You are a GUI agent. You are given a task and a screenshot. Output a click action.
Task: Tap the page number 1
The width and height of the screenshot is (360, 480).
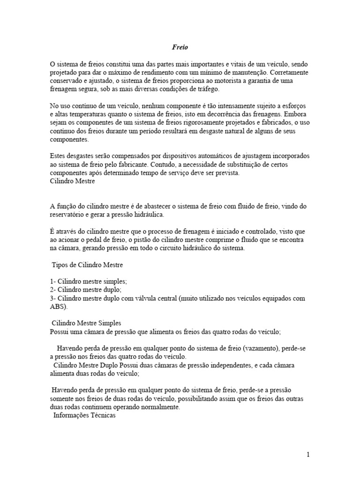tap(308, 454)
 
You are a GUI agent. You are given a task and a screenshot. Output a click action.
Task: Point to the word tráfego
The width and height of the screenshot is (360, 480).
tap(206, 90)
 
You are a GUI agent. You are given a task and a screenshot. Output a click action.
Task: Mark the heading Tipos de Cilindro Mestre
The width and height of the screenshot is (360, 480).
tap(87, 265)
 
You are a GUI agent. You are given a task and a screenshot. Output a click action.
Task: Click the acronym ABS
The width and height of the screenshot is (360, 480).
tap(57, 307)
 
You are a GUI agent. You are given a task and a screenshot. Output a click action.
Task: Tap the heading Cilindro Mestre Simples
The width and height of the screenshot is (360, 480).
tap(87, 323)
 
